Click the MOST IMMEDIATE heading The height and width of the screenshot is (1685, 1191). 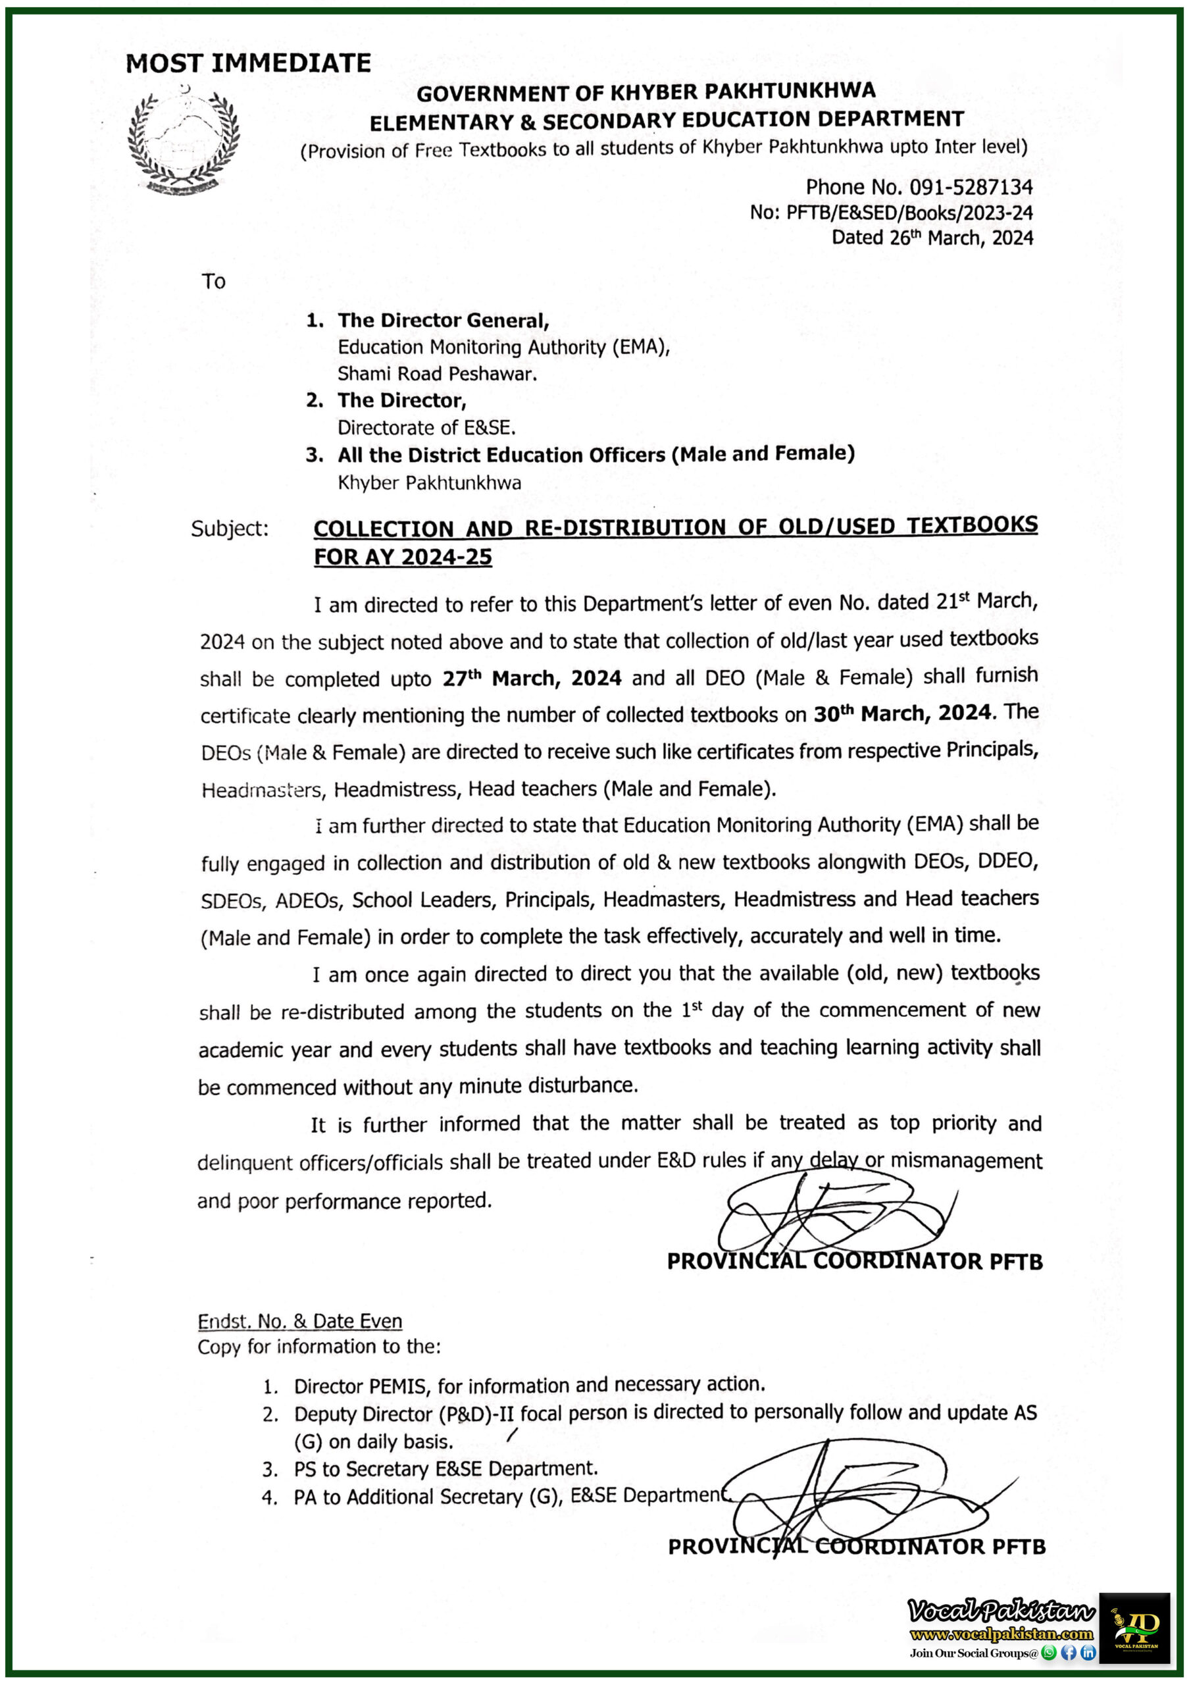pyautogui.click(x=248, y=63)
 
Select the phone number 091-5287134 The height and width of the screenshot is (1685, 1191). pyautogui.click(x=970, y=187)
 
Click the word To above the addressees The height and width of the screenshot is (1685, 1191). pyautogui.click(x=214, y=282)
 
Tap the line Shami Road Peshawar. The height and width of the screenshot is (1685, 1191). pyautogui.click(x=437, y=375)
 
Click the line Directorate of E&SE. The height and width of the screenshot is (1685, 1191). pyautogui.click(x=426, y=428)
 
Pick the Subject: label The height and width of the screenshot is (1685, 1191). pyautogui.click(x=230, y=529)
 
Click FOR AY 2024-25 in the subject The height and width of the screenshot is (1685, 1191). pyautogui.click(x=403, y=557)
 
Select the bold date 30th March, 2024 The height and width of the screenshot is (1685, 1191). pyautogui.click(x=902, y=713)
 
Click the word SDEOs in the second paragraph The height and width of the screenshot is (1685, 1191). pyautogui.click(x=231, y=901)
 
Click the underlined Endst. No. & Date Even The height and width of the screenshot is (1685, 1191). pyautogui.click(x=299, y=1322)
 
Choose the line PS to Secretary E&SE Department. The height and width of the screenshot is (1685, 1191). pyautogui.click(x=445, y=1469)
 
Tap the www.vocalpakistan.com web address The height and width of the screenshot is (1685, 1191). pyautogui.click(x=1001, y=1635)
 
